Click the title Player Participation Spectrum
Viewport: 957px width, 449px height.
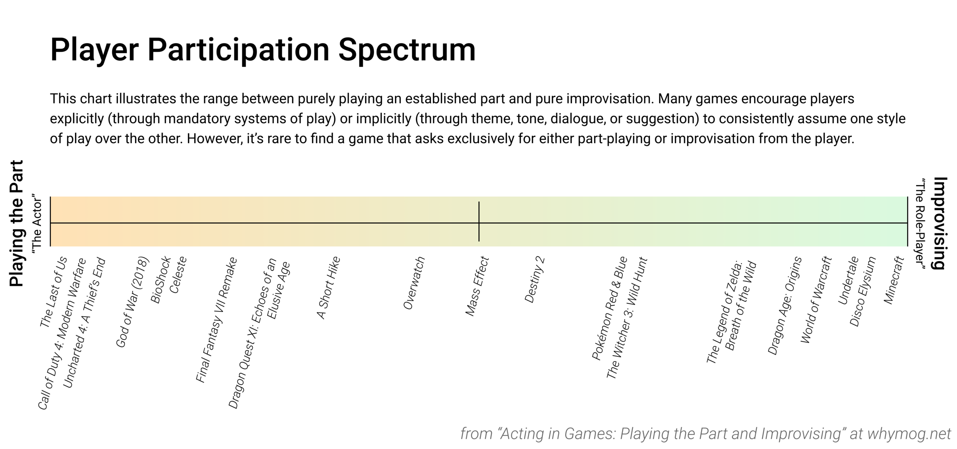[x=263, y=50]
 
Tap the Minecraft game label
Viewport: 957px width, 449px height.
[x=894, y=281]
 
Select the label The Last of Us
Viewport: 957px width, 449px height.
[x=54, y=292]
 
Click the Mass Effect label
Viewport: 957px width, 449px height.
[x=477, y=287]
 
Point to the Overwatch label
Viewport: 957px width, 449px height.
[x=414, y=283]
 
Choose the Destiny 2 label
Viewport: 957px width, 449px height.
[x=534, y=280]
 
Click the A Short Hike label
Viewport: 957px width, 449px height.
[x=328, y=288]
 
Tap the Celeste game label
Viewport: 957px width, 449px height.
[x=178, y=275]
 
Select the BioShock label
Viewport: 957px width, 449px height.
[x=161, y=280]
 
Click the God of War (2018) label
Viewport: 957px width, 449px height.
[x=132, y=302]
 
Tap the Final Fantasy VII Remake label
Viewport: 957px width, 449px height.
[x=216, y=320]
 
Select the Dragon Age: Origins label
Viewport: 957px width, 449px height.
[x=785, y=306]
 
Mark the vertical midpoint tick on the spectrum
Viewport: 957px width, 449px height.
[x=479, y=221]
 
